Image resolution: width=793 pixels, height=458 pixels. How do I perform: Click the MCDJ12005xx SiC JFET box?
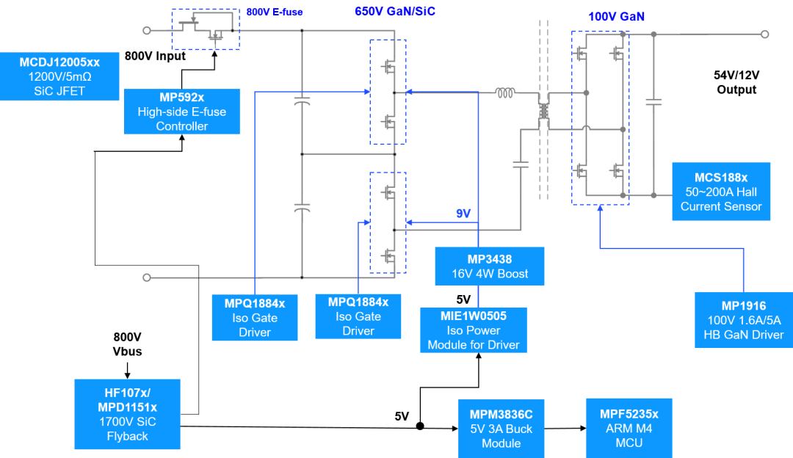[x=59, y=76]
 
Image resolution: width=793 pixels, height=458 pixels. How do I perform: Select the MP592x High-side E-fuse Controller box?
[x=182, y=112]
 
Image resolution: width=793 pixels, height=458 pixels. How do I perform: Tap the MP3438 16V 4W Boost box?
[x=490, y=266]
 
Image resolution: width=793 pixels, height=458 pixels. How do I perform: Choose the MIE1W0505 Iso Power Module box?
[x=474, y=330]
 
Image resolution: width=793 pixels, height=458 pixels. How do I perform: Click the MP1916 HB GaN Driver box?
[x=744, y=320]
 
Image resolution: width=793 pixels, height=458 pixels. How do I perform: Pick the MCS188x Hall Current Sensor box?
[x=721, y=192]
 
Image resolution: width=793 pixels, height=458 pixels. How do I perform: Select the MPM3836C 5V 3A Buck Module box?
[x=501, y=429]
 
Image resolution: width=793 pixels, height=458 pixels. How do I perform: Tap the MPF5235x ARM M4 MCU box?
[x=629, y=428]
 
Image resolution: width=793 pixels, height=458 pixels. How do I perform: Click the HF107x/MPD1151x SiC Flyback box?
[x=128, y=414]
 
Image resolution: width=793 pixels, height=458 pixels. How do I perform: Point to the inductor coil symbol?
[x=505, y=93]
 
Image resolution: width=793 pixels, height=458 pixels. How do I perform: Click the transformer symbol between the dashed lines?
[x=543, y=112]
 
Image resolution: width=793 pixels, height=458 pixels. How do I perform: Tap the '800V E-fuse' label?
[x=275, y=12]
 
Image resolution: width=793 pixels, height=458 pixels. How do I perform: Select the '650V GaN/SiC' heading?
[x=395, y=12]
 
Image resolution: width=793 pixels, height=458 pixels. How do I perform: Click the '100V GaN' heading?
[x=616, y=17]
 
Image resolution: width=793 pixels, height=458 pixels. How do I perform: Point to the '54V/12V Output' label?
[x=736, y=82]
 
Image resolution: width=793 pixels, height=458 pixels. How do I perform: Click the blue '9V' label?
[x=463, y=214]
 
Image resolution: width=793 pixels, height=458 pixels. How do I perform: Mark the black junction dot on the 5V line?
[x=420, y=426]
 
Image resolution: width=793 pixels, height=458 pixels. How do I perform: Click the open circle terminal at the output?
[x=764, y=34]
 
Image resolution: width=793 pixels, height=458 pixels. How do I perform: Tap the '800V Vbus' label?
[x=128, y=344]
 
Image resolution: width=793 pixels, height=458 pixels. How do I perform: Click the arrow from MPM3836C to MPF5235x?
[x=565, y=428]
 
